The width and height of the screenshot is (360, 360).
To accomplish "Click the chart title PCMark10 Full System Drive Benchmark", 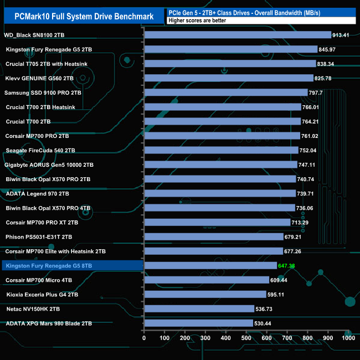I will [80, 16].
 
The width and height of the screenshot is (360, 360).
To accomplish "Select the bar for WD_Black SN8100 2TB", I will [238, 35].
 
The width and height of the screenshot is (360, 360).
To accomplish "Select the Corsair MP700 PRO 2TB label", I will [37, 136].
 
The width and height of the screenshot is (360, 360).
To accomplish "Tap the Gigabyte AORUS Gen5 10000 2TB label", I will [49, 164].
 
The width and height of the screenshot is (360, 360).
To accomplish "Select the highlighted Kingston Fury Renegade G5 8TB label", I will [49, 266].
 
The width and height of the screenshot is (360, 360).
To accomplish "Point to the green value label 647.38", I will [290, 266].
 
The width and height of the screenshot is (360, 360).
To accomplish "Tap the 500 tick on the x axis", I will [246, 337].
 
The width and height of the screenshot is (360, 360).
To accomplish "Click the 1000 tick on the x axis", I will [348, 337].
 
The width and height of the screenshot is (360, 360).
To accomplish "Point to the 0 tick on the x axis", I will [144, 337].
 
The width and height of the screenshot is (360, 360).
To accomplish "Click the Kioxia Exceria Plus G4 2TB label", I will [42, 295].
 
